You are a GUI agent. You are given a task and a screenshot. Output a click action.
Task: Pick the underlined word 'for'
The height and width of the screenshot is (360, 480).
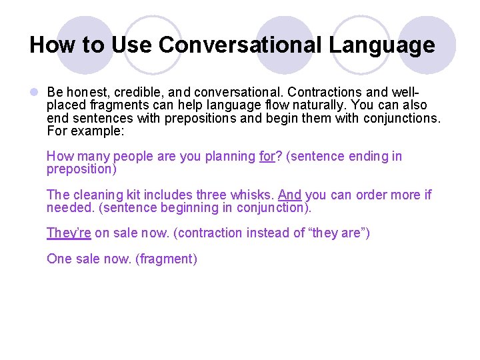tap(267, 157)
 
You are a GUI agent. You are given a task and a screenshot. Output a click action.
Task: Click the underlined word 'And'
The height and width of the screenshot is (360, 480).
tap(289, 195)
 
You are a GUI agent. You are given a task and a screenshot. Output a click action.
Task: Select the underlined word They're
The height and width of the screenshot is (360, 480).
tap(69, 233)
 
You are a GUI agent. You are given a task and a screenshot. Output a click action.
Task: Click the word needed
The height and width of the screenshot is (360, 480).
tap(67, 208)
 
